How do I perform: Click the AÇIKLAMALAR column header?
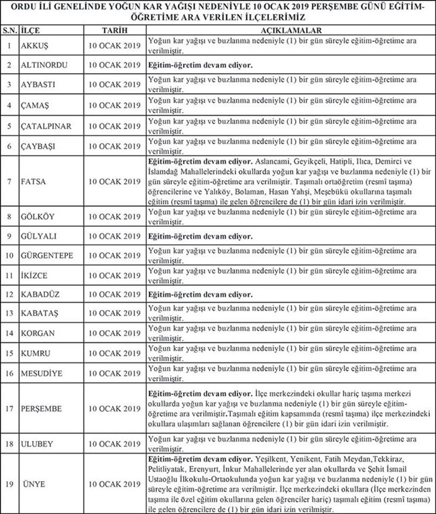coord(289,31)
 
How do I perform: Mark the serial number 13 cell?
coord(9,313)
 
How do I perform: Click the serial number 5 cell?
coord(9,125)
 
